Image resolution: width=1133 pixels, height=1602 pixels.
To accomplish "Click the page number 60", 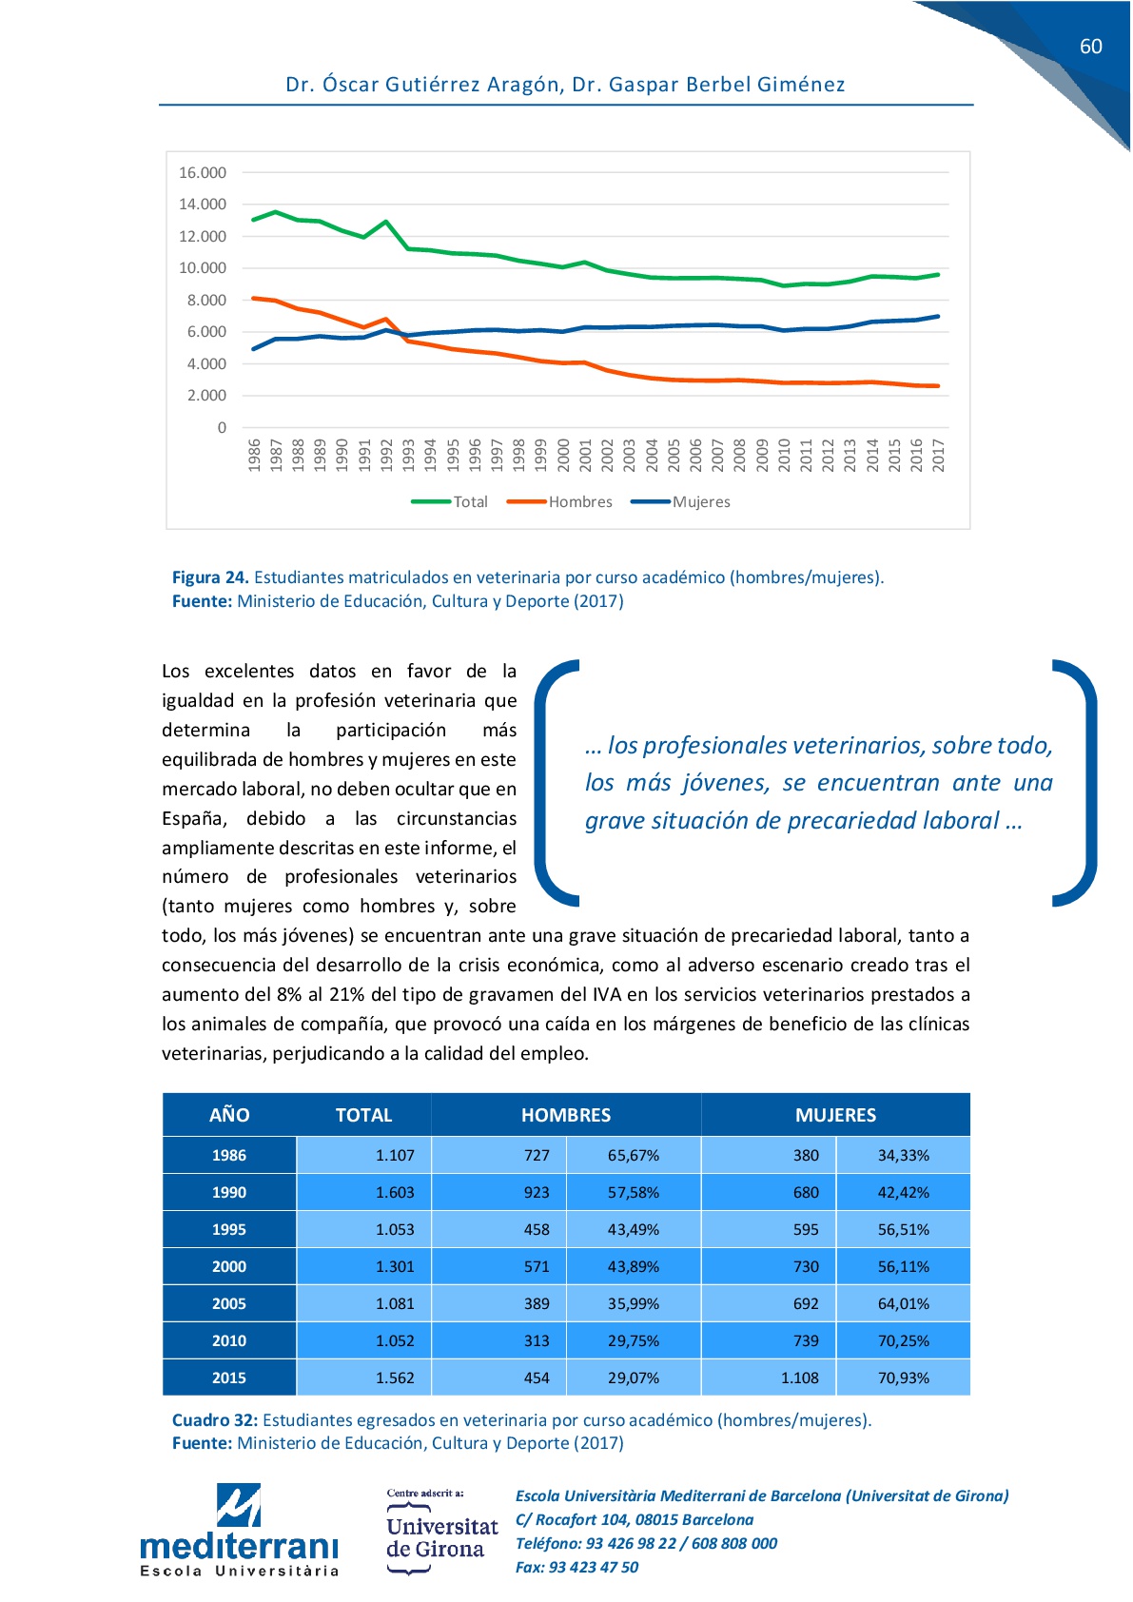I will pyautogui.click(x=1090, y=47).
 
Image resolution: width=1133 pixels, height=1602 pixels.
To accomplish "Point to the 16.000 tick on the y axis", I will pyautogui.click(x=203, y=173).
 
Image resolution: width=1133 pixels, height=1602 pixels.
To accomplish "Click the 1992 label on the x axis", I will pyautogui.click(x=386, y=454).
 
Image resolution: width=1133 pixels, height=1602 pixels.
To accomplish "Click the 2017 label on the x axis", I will pyautogui.click(x=938, y=454).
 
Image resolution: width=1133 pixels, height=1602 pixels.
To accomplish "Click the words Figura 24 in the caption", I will pyautogui.click(x=210, y=577).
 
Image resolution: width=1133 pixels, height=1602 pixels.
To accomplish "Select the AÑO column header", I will pyautogui.click(x=229, y=1115).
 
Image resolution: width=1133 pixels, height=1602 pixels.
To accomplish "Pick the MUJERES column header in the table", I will pyautogui.click(x=835, y=1115).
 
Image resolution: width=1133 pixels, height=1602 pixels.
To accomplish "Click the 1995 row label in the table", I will pyautogui.click(x=229, y=1229).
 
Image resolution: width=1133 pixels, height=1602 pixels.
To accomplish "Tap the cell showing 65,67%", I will pyautogui.click(x=634, y=1155).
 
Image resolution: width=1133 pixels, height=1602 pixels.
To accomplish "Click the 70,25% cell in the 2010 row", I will pyautogui.click(x=903, y=1340).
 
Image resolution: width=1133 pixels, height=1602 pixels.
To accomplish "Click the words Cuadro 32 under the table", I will pyautogui.click(x=215, y=1420).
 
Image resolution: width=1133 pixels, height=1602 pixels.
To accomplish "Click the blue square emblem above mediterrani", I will pyautogui.click(x=239, y=1505).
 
